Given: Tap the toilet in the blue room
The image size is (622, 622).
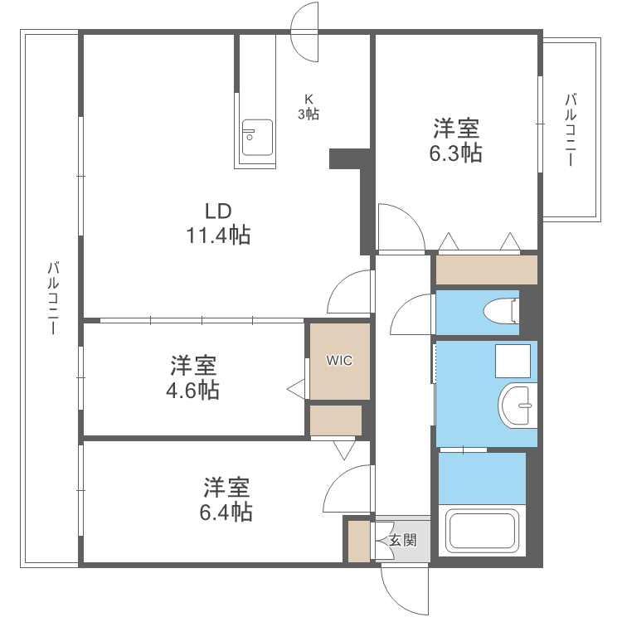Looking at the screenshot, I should point(501,311).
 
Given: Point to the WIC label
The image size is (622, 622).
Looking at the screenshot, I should point(339,361).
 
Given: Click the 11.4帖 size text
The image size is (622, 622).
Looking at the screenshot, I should point(218,236).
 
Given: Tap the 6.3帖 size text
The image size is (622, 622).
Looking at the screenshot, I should point(455,153).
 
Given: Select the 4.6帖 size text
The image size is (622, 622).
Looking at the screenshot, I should point(194,390).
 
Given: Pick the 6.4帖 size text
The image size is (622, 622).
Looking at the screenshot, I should point(226,511).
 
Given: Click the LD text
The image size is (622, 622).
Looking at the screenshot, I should point(218,209).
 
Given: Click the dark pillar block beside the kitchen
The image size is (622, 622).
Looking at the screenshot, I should point(348,158).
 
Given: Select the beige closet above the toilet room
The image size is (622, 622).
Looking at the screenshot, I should point(486,270).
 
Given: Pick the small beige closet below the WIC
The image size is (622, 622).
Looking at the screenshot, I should point(336,420).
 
